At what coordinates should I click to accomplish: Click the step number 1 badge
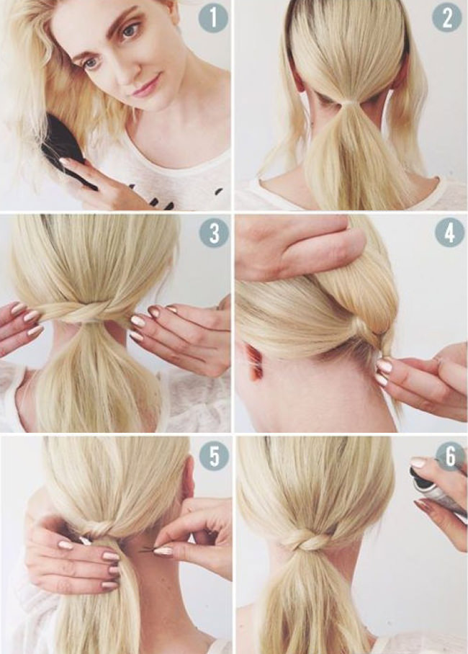click(x=213, y=18)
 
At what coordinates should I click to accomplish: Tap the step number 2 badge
click(x=447, y=18)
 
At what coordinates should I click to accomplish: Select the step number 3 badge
click(x=214, y=233)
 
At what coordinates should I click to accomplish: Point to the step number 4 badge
click(x=450, y=233)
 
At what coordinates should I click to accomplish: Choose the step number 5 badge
click(x=214, y=456)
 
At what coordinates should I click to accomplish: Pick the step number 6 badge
click(x=451, y=456)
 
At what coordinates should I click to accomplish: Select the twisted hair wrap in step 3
click(x=89, y=310)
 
